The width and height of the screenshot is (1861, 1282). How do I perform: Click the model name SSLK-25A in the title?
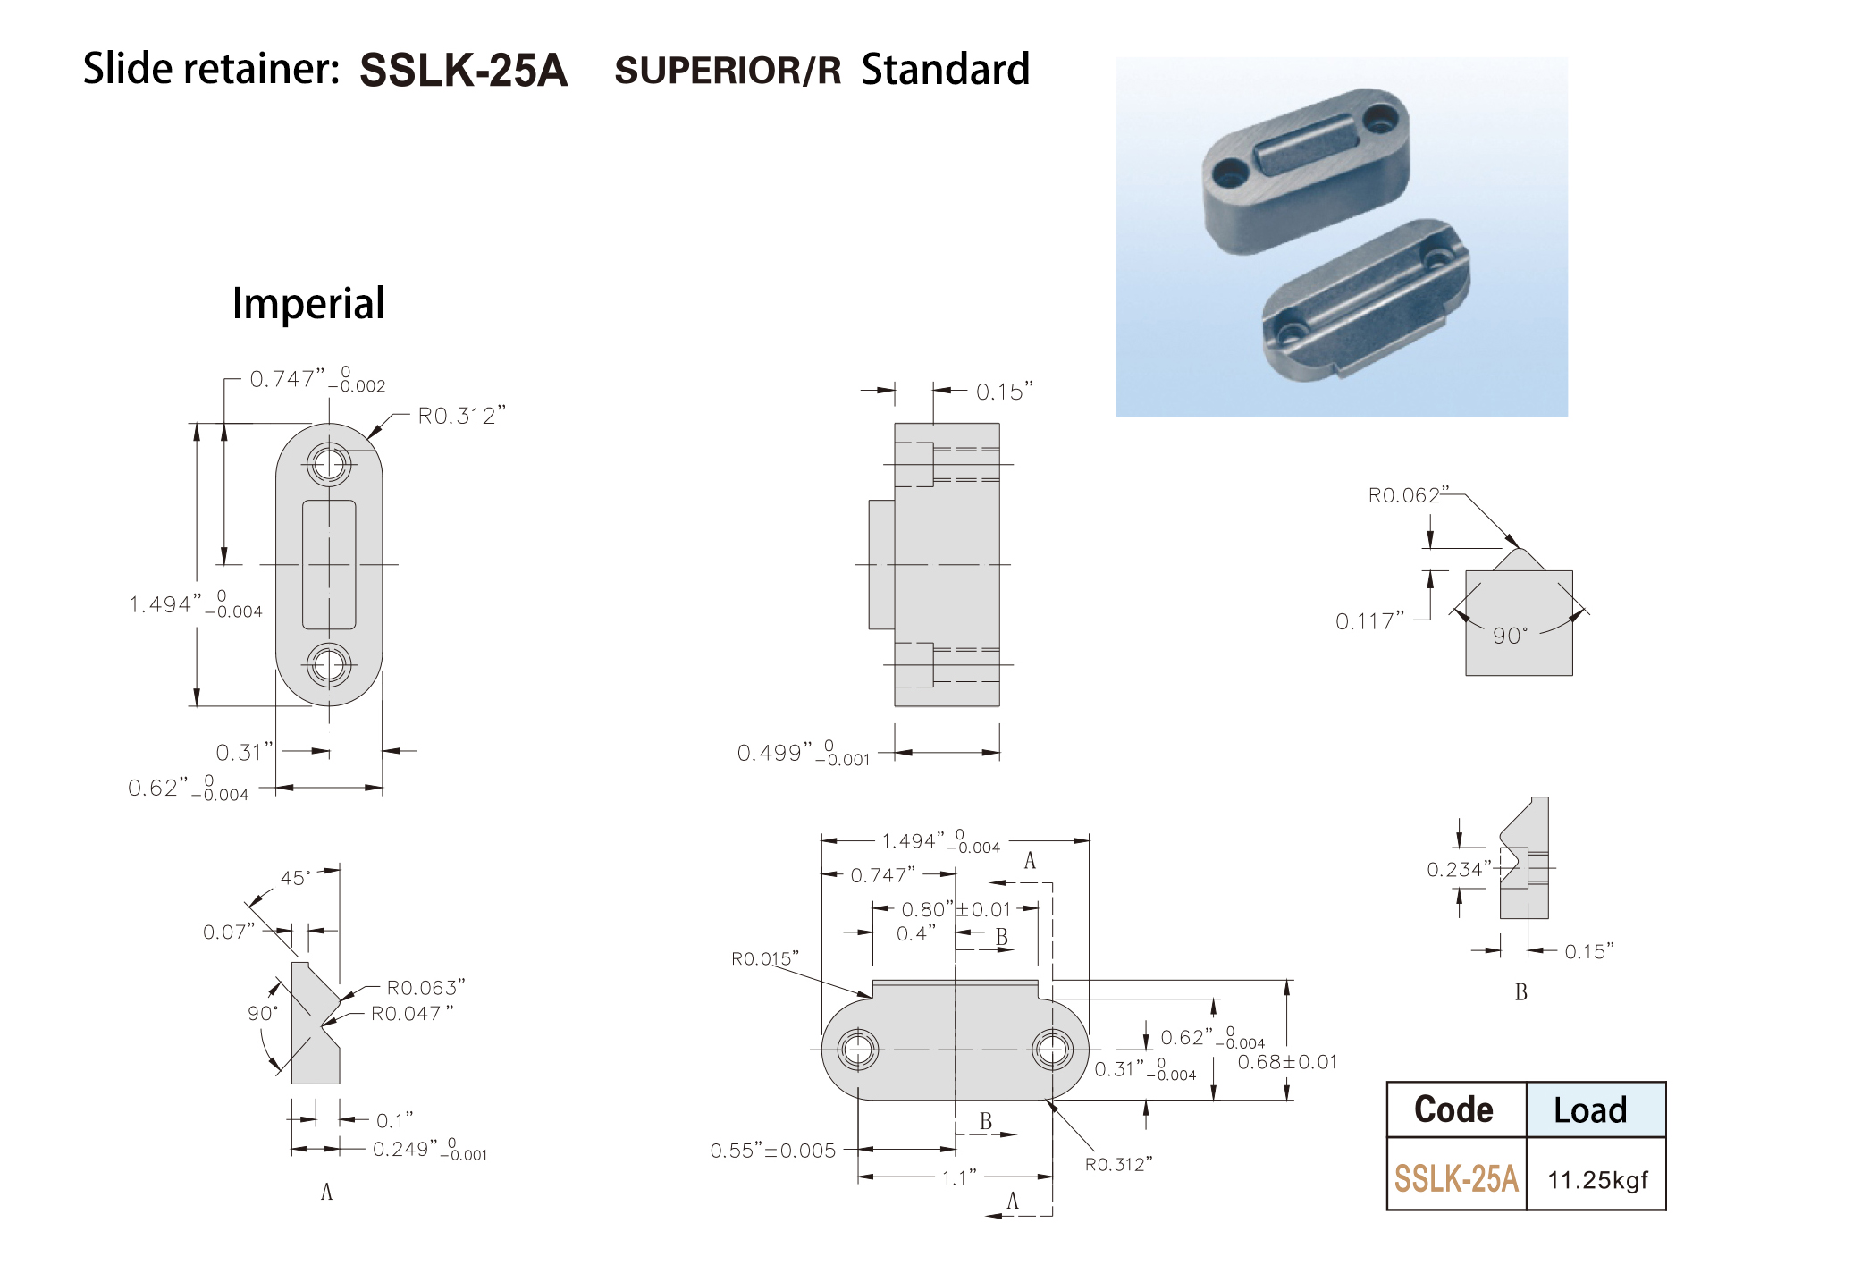pyautogui.click(x=463, y=70)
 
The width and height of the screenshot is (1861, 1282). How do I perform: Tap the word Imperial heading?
pyautogui.click(x=308, y=303)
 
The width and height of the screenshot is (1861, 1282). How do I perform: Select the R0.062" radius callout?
pyautogui.click(x=1404, y=495)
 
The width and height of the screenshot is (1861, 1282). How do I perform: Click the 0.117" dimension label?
pyautogui.click(x=1369, y=621)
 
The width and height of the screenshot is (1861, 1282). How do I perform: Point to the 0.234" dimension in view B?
pyautogui.click(x=1459, y=869)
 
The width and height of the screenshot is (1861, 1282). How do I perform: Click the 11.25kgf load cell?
pyautogui.click(x=1597, y=1180)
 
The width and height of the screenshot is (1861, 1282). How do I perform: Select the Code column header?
pyautogui.click(x=1453, y=1109)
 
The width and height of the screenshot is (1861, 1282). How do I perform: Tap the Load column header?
pyautogui.click(x=1590, y=1110)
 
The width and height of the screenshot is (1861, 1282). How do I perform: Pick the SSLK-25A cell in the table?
pyautogui.click(x=1456, y=1179)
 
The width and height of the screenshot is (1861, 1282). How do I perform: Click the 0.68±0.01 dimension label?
pyautogui.click(x=1287, y=1062)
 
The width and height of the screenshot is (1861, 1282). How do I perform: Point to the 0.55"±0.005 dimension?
pyautogui.click(x=773, y=1151)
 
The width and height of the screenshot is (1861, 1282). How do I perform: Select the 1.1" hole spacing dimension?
pyautogui.click(x=959, y=1178)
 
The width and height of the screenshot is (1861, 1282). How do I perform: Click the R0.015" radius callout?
pyautogui.click(x=765, y=959)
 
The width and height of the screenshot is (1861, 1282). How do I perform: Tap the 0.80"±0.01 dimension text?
pyautogui.click(x=956, y=910)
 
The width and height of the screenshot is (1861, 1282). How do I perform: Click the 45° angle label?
pyautogui.click(x=296, y=878)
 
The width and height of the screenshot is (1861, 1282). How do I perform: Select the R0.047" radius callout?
pyautogui.click(x=412, y=1014)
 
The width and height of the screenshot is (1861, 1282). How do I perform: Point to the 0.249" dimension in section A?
pyautogui.click(x=429, y=1149)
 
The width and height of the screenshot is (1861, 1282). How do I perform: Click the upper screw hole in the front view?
pyautogui.click(x=329, y=464)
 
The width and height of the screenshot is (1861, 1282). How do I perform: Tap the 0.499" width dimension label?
pyautogui.click(x=803, y=753)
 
